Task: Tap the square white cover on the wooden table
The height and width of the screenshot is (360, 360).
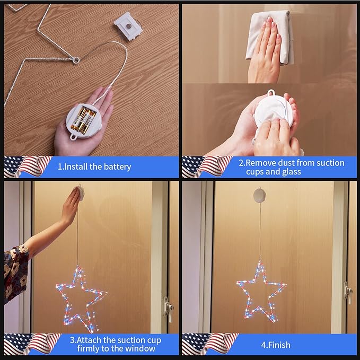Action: click(128, 26)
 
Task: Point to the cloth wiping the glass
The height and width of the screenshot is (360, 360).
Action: click(269, 38)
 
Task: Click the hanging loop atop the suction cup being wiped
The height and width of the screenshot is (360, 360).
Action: click(271, 93)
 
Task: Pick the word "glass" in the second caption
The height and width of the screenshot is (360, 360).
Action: click(291, 172)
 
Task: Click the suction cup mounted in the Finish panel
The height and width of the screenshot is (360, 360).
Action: click(260, 195)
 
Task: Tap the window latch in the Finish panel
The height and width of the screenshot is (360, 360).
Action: click(348, 292)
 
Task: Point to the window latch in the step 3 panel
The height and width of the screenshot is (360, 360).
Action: click(168, 309)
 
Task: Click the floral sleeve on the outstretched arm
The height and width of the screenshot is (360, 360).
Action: click(15, 273)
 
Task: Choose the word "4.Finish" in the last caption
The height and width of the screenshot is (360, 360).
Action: click(276, 345)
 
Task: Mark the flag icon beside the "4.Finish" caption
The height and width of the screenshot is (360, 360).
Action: click(209, 344)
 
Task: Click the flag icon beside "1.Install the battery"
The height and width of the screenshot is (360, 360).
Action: click(28, 167)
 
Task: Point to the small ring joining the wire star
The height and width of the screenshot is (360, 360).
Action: click(76, 60)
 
